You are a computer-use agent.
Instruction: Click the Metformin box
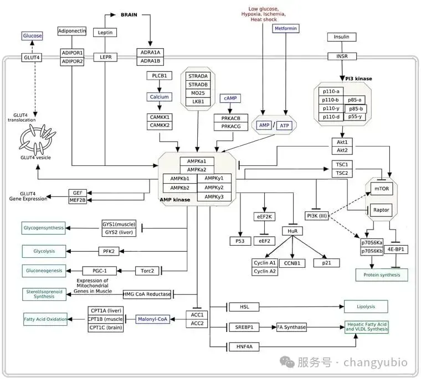pyautogui.click(x=286, y=28)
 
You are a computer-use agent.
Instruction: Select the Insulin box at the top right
pyautogui.click(x=342, y=37)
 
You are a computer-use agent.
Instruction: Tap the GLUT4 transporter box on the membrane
pyautogui.click(x=32, y=58)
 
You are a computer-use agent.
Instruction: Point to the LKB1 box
pyautogui.click(x=198, y=102)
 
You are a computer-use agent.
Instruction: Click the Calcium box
pyautogui.click(x=159, y=97)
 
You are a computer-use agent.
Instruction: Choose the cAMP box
pyautogui.click(x=230, y=98)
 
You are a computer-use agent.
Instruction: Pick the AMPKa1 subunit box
pyautogui.click(x=197, y=161)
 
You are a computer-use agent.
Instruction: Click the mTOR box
pyautogui.click(x=382, y=189)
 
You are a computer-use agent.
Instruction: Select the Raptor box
pyautogui.click(x=381, y=210)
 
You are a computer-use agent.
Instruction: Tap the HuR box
pyautogui.click(x=292, y=231)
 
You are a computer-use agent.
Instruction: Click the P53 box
pyautogui.click(x=240, y=241)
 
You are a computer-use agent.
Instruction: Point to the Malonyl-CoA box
pyautogui.click(x=152, y=319)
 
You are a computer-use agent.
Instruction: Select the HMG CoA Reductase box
pyautogui.click(x=147, y=294)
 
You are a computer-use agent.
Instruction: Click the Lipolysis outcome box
pyautogui.click(x=366, y=307)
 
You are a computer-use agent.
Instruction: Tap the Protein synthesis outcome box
pyautogui.click(x=382, y=275)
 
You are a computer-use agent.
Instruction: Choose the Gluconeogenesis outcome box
pyautogui.click(x=44, y=271)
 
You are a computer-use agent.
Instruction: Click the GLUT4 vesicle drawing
pyautogui.click(x=37, y=139)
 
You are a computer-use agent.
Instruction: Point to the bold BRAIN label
pyautogui.click(x=129, y=15)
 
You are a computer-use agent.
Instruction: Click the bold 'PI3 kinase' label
pyautogui.click(x=358, y=79)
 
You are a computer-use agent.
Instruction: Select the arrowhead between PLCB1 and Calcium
pyautogui.click(x=159, y=90)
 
